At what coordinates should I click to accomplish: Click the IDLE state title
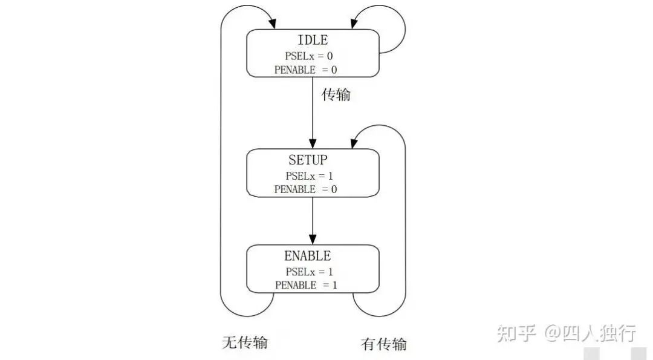(x=313, y=41)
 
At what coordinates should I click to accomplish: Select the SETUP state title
(x=308, y=160)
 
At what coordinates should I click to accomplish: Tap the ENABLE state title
(x=308, y=256)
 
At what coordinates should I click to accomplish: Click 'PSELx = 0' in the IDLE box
(x=309, y=56)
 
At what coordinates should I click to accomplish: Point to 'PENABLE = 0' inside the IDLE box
(x=305, y=70)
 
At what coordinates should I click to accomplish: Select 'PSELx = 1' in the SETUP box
(x=310, y=176)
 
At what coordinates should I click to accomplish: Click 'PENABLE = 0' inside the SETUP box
(x=305, y=189)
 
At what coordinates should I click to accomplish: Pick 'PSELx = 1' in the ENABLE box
(x=310, y=272)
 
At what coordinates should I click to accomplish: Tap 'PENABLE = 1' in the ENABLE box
(x=305, y=285)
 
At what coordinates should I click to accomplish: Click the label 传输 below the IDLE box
(x=336, y=95)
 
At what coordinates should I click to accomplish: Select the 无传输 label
(x=244, y=342)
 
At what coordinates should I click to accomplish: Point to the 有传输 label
(x=384, y=344)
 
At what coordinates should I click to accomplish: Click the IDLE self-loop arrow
(x=396, y=27)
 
